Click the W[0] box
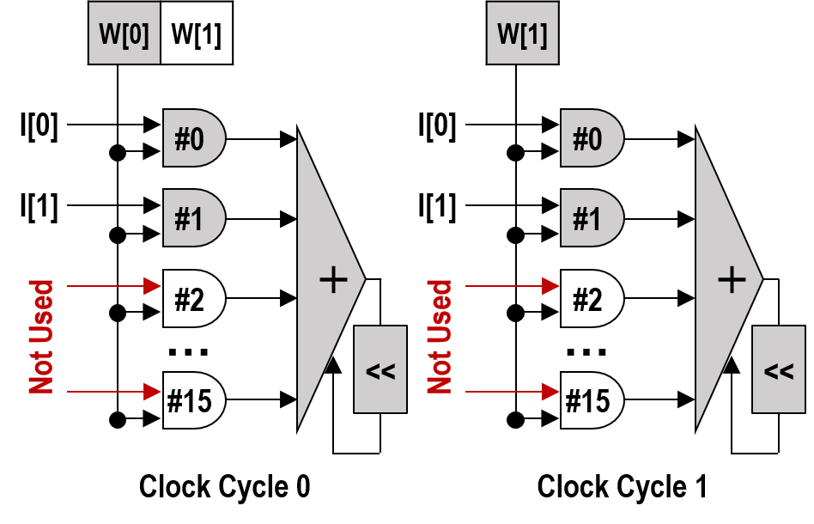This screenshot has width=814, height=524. coord(125,33)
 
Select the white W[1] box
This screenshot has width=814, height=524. coord(197,33)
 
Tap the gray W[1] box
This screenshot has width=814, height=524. coord(522,33)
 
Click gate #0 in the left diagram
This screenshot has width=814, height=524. coord(193,137)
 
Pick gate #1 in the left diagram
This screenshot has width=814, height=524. coord(193,218)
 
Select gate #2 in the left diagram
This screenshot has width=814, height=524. coord(193,298)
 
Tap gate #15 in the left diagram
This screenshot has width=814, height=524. coord(193,400)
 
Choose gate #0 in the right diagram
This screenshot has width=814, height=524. coord(591,137)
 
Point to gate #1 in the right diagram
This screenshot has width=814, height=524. coord(591,218)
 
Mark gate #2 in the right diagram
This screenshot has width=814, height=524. coord(591,298)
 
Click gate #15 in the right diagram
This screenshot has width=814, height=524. coord(591,400)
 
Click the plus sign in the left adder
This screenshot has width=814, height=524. coord(332,279)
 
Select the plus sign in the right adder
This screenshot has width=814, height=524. coord(731,279)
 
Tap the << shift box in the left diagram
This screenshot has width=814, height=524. coord(380,370)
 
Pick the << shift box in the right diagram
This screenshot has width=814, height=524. coord(779,370)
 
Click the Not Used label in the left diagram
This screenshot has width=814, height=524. coord(41,336)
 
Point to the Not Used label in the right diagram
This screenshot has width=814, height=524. coord(440,336)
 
